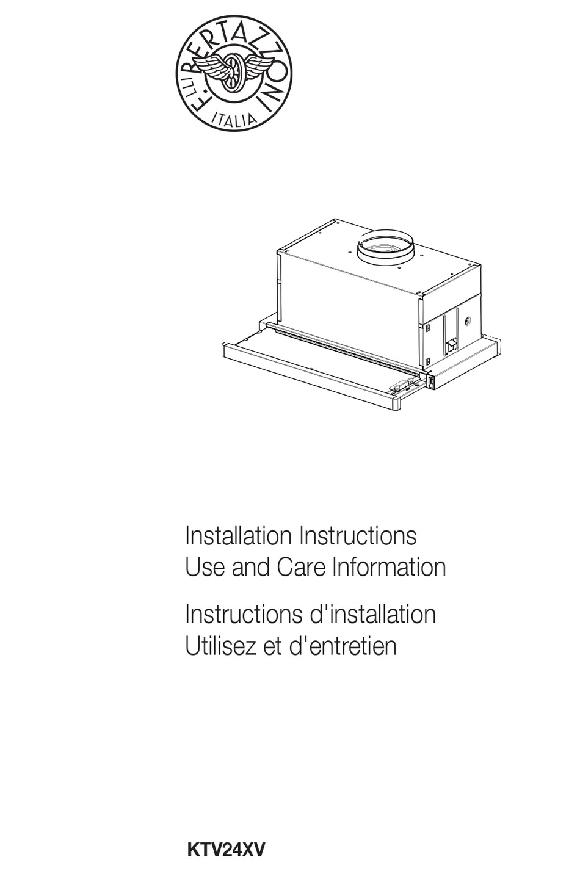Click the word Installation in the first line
[237, 536]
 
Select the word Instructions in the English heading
[358, 536]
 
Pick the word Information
[389, 567]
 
